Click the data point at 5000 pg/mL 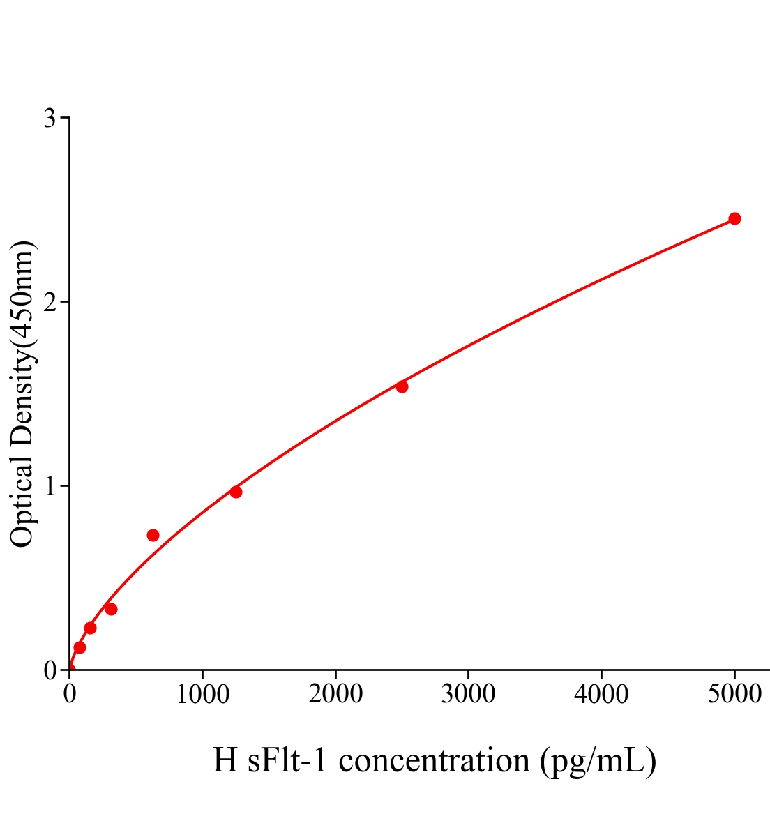[x=734, y=218]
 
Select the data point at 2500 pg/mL [x=402, y=386]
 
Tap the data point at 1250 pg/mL [x=236, y=492]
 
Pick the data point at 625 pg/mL [x=153, y=535]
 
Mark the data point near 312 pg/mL [x=111, y=609]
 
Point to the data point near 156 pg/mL [x=90, y=628]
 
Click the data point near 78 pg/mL [x=80, y=647]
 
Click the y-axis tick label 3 [x=50, y=119]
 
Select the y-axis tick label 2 [x=50, y=302]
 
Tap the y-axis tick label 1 [x=50, y=486]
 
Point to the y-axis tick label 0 [x=50, y=670]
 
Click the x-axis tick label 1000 [x=202, y=695]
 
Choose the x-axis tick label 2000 [x=335, y=695]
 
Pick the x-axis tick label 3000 [x=468, y=695]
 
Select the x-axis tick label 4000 [x=601, y=695]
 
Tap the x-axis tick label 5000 [x=734, y=695]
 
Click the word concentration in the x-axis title [x=435, y=760]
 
